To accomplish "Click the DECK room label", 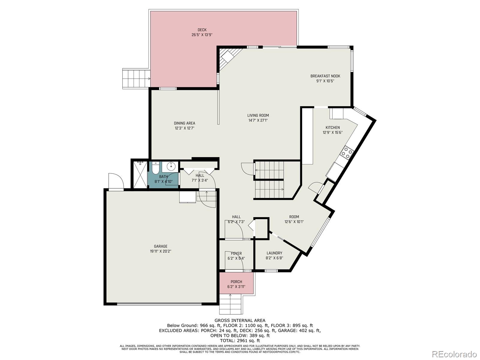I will [x=202, y=30].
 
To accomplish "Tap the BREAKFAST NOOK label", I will [x=325, y=76].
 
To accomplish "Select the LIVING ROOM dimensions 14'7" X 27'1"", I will [x=258, y=120].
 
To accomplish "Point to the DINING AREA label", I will [x=184, y=123].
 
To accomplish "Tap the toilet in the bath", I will [x=155, y=168].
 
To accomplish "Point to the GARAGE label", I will [x=161, y=247].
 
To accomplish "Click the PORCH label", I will [x=236, y=282].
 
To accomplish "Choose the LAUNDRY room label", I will [x=274, y=253].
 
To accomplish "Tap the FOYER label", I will [x=236, y=253].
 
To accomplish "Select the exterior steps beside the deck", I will [x=136, y=79].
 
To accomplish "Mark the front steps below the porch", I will [x=230, y=304].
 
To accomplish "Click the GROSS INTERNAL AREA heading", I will [x=240, y=320].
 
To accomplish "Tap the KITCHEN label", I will [x=333, y=127].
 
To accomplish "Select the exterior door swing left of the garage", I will [x=116, y=181].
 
